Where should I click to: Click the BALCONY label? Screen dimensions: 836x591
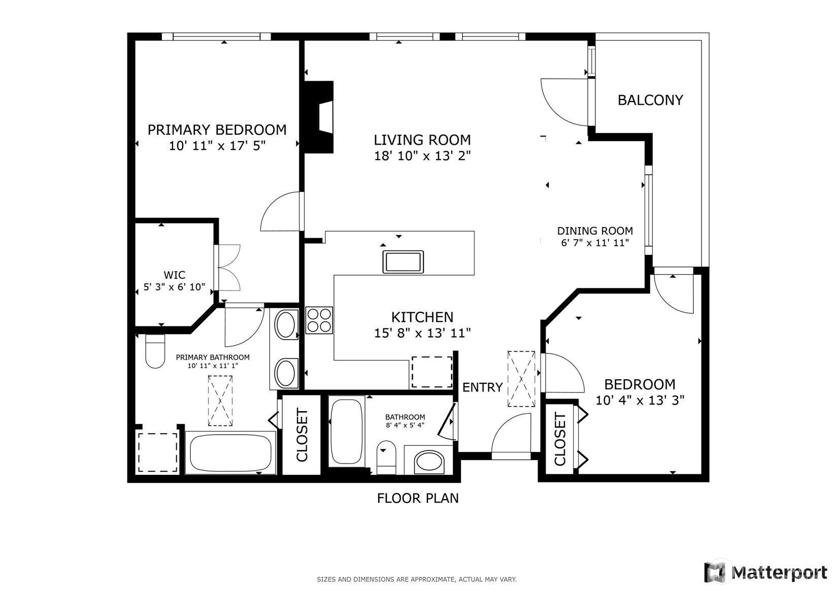click(650, 100)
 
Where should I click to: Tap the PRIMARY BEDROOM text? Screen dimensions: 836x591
click(217, 130)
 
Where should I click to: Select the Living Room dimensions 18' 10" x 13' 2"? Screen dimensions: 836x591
click(422, 156)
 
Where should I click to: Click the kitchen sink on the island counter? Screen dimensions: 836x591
click(403, 261)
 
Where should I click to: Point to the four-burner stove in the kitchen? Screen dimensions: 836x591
click(319, 320)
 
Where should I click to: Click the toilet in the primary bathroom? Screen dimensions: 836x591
click(155, 351)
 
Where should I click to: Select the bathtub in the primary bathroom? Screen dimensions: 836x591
click(230, 453)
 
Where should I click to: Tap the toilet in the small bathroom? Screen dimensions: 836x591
click(386, 457)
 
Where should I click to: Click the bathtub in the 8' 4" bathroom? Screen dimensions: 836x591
click(347, 432)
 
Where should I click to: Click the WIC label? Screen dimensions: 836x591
click(174, 275)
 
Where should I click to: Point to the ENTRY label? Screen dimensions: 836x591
click(483, 387)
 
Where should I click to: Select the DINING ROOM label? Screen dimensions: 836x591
click(595, 231)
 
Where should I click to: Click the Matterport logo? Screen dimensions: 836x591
click(765, 572)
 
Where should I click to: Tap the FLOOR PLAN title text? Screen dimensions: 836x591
click(418, 498)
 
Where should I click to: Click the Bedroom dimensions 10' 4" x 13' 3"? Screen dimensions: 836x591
click(640, 401)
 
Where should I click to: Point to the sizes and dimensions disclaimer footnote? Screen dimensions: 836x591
click(417, 579)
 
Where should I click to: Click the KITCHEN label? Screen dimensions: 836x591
click(422, 317)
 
